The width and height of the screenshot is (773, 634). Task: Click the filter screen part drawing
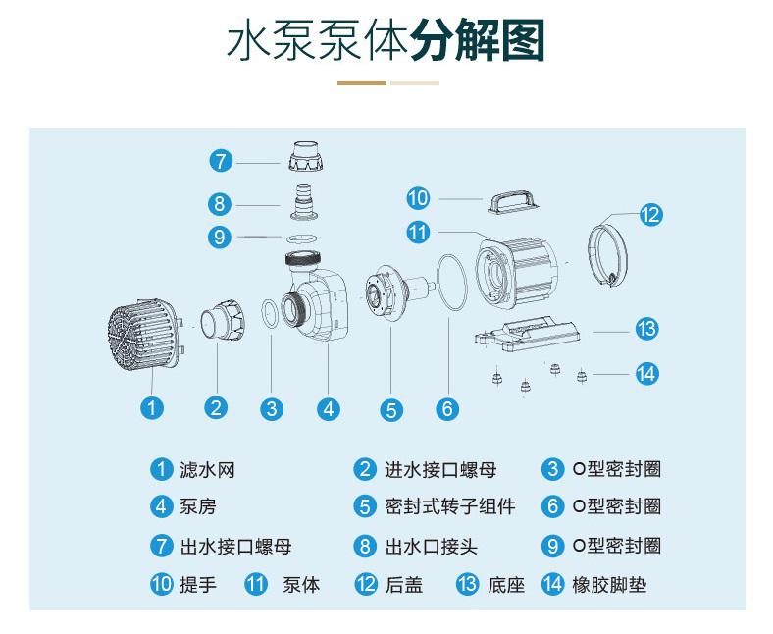pyautogui.click(x=145, y=335)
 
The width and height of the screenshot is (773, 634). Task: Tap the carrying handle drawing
pyautogui.click(x=513, y=202)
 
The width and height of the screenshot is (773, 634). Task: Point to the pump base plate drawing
pyautogui.click(x=528, y=334)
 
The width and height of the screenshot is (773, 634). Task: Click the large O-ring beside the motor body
pyautogui.click(x=451, y=283)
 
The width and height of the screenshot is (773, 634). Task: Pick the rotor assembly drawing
pyautogui.click(x=397, y=291)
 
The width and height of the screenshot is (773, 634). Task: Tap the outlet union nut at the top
pyautogui.click(x=306, y=156)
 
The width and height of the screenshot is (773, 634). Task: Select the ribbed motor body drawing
pyautogui.click(x=516, y=274)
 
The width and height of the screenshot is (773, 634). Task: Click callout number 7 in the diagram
pyautogui.click(x=221, y=161)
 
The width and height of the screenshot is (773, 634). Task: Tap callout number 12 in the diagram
pyautogui.click(x=650, y=215)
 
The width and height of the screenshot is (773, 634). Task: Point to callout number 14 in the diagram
pyautogui.click(x=646, y=374)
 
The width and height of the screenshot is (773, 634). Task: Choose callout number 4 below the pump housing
pyautogui.click(x=329, y=409)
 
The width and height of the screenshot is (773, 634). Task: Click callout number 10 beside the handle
pyautogui.click(x=418, y=198)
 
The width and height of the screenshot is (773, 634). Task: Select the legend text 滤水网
pyautogui.click(x=207, y=470)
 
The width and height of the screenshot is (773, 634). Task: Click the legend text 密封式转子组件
pyautogui.click(x=450, y=506)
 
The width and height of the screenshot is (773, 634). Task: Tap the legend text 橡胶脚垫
pyautogui.click(x=609, y=585)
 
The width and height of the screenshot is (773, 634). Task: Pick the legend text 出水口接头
pyautogui.click(x=432, y=547)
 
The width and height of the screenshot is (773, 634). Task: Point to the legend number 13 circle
pyautogui.click(x=467, y=585)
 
